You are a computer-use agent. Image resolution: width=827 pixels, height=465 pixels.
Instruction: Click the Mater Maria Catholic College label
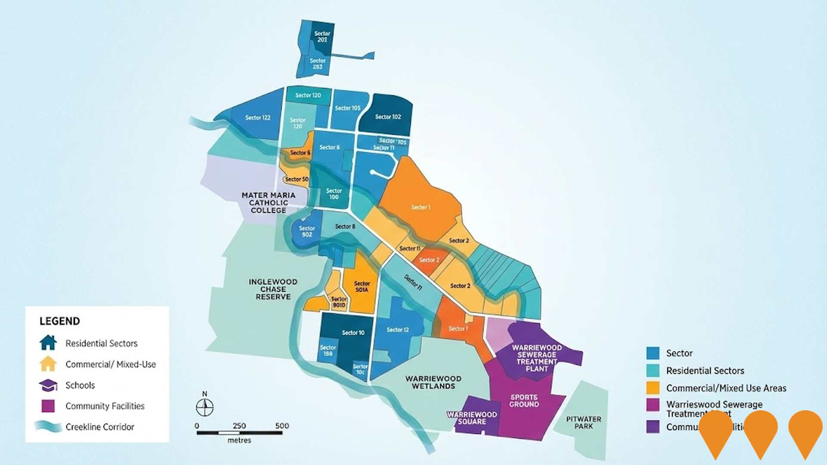click(268, 203)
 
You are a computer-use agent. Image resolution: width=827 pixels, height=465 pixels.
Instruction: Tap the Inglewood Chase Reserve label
click(273, 289)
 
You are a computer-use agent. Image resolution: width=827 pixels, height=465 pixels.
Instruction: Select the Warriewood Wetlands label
click(433, 382)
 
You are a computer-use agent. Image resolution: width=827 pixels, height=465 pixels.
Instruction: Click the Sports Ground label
click(524, 401)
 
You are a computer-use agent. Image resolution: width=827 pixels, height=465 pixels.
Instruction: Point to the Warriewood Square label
click(472, 418)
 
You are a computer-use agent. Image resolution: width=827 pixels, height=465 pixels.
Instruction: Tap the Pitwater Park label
click(584, 422)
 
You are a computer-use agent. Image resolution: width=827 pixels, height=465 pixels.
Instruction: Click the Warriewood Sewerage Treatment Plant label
click(537, 358)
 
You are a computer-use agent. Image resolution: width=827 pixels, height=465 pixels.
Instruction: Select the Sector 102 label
click(388, 117)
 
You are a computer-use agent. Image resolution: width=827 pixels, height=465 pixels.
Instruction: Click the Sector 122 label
click(258, 118)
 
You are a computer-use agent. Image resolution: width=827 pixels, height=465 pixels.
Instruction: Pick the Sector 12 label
click(398, 330)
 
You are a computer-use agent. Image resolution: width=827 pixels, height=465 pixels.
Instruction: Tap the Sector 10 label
click(353, 333)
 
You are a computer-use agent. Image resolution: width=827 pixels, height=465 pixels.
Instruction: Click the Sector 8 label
click(345, 226)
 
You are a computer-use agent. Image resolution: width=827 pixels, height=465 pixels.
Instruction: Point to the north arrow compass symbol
click(205, 406)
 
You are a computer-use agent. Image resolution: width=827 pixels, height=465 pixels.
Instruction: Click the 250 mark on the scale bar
click(239, 426)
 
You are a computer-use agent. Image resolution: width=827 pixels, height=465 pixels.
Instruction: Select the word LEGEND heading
click(60, 321)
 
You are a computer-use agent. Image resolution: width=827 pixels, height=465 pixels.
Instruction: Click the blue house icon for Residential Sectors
click(48, 343)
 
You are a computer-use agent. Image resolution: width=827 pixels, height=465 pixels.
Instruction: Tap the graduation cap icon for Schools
click(48, 385)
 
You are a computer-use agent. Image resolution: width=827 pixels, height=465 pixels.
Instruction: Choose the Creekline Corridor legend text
click(100, 427)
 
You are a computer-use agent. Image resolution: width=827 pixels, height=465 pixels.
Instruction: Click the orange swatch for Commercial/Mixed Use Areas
click(653, 388)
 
